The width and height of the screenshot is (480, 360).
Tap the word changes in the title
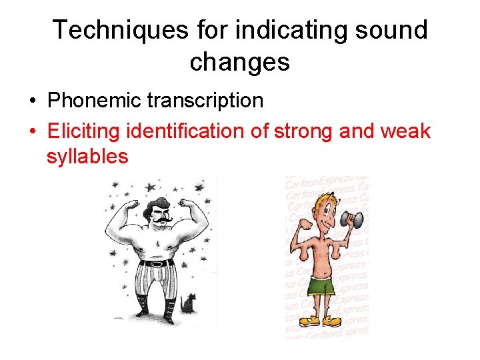[x=239, y=61]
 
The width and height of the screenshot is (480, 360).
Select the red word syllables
[x=87, y=157]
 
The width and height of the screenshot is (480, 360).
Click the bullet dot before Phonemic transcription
[x=32, y=101]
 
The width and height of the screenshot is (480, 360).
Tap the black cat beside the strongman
[x=191, y=305]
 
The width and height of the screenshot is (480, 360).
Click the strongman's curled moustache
[x=159, y=219]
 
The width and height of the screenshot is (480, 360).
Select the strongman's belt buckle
[x=157, y=263]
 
